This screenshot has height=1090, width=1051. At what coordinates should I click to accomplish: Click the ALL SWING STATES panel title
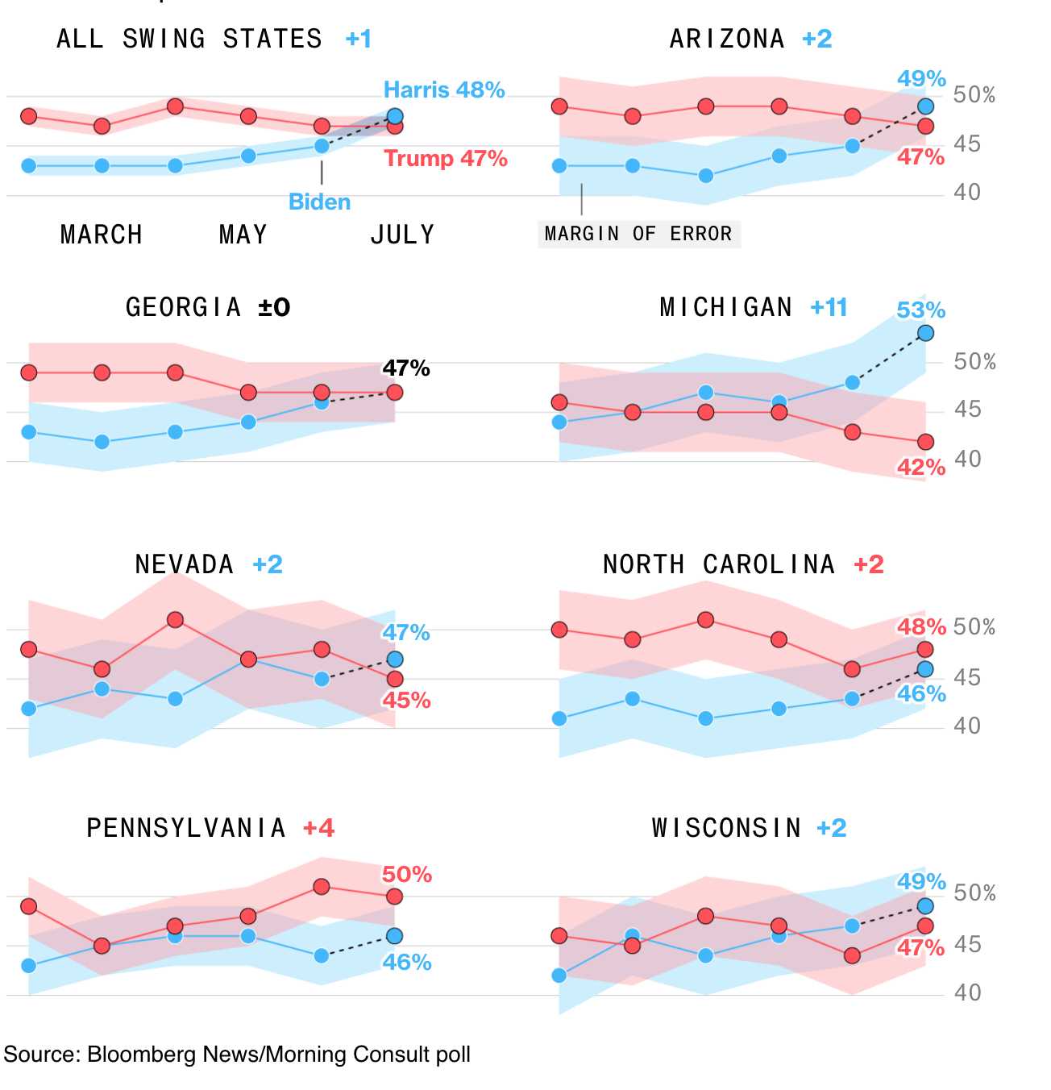tap(189, 39)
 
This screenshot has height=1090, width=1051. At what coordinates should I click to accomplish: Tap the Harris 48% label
tap(444, 89)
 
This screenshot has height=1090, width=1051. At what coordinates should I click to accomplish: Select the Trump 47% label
tap(446, 158)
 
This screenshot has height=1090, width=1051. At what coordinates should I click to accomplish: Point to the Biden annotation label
tap(320, 202)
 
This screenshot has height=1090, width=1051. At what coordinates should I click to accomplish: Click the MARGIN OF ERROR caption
tap(638, 234)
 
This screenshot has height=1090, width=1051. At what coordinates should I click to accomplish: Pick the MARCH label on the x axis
tap(102, 235)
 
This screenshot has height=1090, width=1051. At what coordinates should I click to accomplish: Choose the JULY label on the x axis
tap(402, 235)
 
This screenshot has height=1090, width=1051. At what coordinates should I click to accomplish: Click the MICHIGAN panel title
tap(726, 307)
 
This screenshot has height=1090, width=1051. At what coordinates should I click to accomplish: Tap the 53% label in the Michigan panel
tap(921, 310)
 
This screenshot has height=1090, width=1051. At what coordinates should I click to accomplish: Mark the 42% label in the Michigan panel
tap(921, 468)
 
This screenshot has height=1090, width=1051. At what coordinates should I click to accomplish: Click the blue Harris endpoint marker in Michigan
tap(926, 333)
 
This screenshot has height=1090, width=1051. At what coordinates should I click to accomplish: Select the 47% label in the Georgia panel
tap(406, 368)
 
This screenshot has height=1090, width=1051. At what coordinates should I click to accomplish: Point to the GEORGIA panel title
tap(184, 307)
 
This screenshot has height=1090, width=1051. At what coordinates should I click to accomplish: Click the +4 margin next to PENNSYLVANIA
tap(318, 828)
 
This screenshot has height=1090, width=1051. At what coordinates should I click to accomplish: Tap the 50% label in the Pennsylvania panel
tap(407, 875)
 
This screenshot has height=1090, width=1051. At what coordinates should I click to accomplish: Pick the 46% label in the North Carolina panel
tap(921, 693)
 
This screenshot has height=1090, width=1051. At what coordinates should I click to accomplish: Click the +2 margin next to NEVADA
tap(268, 564)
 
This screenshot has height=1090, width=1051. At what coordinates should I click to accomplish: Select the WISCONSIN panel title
tap(727, 828)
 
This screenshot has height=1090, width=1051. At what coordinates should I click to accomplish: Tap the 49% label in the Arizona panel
tap(921, 79)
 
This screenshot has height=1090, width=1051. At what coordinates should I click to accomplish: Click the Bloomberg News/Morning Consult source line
tap(237, 1055)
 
